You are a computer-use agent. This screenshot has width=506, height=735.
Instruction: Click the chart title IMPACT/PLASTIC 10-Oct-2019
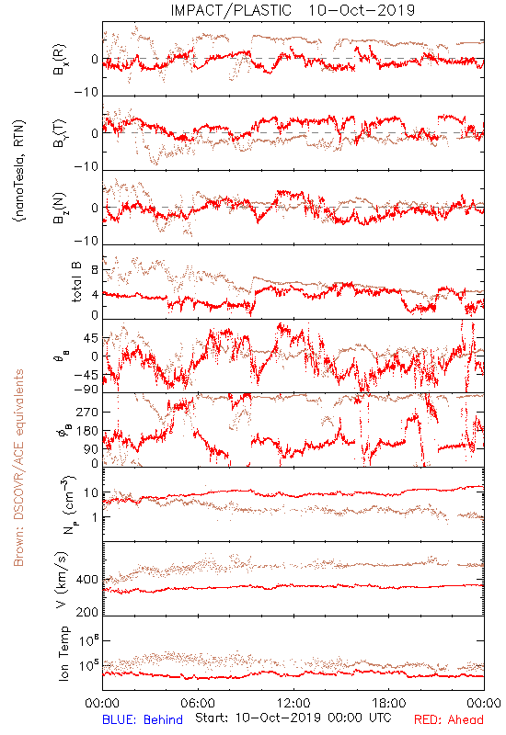point(293,10)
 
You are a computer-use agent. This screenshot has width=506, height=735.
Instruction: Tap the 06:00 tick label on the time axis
point(198,703)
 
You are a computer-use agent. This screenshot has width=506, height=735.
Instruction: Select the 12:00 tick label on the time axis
point(293,703)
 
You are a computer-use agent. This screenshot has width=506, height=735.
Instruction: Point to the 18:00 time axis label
point(389,703)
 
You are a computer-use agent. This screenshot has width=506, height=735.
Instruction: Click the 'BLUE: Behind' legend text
point(143,719)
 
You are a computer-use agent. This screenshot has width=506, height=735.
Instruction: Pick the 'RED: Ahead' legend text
point(449,719)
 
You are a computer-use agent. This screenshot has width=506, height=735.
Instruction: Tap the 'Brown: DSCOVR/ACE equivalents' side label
point(18,468)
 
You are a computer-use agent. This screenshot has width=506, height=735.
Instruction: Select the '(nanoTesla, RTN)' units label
point(19,171)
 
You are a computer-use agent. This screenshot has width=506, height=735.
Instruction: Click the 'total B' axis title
point(75,282)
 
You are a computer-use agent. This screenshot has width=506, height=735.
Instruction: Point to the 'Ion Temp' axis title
point(63,653)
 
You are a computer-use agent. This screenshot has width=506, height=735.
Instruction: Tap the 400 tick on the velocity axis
point(87,580)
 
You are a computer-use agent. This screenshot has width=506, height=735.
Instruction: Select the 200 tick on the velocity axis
point(87,612)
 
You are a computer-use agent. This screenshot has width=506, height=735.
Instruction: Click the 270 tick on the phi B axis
point(87,412)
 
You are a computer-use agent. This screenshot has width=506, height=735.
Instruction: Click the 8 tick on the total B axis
point(95,270)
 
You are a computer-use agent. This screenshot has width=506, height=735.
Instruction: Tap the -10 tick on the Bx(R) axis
point(86,93)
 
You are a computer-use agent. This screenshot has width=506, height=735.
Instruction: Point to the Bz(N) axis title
point(60,208)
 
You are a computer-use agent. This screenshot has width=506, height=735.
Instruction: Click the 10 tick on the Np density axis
point(91,492)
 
